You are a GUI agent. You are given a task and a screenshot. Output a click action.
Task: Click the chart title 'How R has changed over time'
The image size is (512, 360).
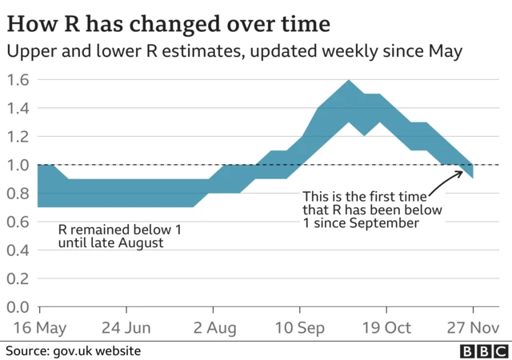click(x=161, y=19)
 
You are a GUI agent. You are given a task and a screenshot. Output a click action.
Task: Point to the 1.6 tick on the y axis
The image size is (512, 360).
click(x=18, y=80)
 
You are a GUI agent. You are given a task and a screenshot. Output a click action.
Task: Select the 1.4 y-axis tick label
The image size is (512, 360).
click(x=18, y=108)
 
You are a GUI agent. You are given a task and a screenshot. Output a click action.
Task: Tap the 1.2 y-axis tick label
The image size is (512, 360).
click(x=18, y=137)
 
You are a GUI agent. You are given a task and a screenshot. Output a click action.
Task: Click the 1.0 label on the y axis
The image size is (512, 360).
click(x=18, y=165)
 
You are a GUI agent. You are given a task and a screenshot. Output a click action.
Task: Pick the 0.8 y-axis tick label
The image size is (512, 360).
click(x=18, y=194)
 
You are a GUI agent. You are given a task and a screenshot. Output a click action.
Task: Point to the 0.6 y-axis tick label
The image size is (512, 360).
click(x=18, y=222)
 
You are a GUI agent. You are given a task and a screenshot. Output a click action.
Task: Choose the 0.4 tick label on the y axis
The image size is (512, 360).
click(x=18, y=250)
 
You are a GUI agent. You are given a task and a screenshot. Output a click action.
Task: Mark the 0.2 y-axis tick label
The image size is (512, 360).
click(x=18, y=278)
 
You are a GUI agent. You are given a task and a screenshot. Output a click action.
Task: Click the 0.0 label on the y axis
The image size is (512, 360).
click(x=18, y=307)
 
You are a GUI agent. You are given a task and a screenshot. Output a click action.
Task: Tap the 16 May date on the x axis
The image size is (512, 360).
click(x=38, y=328)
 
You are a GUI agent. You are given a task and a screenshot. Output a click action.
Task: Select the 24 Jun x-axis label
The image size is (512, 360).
click(x=126, y=328)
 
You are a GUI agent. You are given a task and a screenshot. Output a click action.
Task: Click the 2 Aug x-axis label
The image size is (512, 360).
click(x=212, y=328)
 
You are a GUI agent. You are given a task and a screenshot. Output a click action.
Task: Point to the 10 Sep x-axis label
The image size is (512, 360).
click(x=299, y=328)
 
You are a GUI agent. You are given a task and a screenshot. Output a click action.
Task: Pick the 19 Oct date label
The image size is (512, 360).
click(x=386, y=328)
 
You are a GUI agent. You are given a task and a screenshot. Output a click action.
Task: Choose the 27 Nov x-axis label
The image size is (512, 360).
click(x=472, y=328)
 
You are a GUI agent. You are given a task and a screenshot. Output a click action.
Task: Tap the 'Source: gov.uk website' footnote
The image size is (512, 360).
click(x=74, y=351)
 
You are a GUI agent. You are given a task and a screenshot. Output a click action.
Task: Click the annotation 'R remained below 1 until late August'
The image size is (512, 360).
click(x=120, y=236)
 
